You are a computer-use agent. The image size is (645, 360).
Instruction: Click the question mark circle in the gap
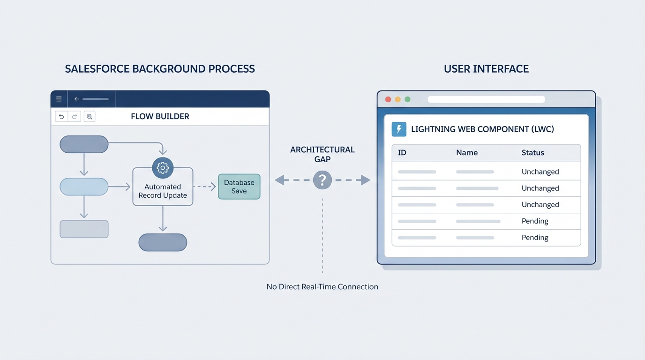pyautogui.click(x=322, y=180)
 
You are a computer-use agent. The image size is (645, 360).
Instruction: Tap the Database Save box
pyautogui.click(x=239, y=187)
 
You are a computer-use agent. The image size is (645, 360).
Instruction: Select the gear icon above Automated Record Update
pyautogui.click(x=163, y=167)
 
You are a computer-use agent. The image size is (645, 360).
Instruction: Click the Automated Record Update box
pyautogui.click(x=163, y=191)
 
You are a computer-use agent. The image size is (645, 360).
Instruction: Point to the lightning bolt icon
pyautogui.click(x=399, y=129)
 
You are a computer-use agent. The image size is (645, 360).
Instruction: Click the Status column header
pyautogui.click(x=532, y=153)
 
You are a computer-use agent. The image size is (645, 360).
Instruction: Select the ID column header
pyautogui.click(x=402, y=153)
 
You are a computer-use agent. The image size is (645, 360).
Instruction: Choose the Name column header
pyautogui.click(x=466, y=153)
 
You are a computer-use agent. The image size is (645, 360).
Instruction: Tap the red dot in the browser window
pyautogui.click(x=388, y=99)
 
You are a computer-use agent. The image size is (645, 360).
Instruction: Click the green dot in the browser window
pyautogui.click(x=407, y=99)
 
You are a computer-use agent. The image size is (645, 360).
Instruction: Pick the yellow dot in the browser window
pyautogui.click(x=398, y=99)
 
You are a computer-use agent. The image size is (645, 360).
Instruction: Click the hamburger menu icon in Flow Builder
pyautogui.click(x=59, y=99)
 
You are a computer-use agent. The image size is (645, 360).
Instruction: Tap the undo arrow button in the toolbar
pyautogui.click(x=61, y=117)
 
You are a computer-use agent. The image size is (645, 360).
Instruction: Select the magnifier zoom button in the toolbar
pyautogui.click(x=90, y=117)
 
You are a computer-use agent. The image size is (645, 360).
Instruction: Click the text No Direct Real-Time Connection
pyautogui.click(x=322, y=287)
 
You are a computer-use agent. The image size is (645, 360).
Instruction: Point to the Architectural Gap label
pyautogui.click(x=322, y=155)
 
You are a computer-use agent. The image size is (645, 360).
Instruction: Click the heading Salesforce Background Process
pyautogui.click(x=160, y=69)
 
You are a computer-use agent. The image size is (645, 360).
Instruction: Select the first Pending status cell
pyautogui.click(x=535, y=221)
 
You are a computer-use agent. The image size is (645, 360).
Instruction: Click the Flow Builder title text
pyautogui.click(x=160, y=117)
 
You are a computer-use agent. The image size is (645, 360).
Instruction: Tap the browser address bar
pyautogui.click(x=486, y=99)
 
